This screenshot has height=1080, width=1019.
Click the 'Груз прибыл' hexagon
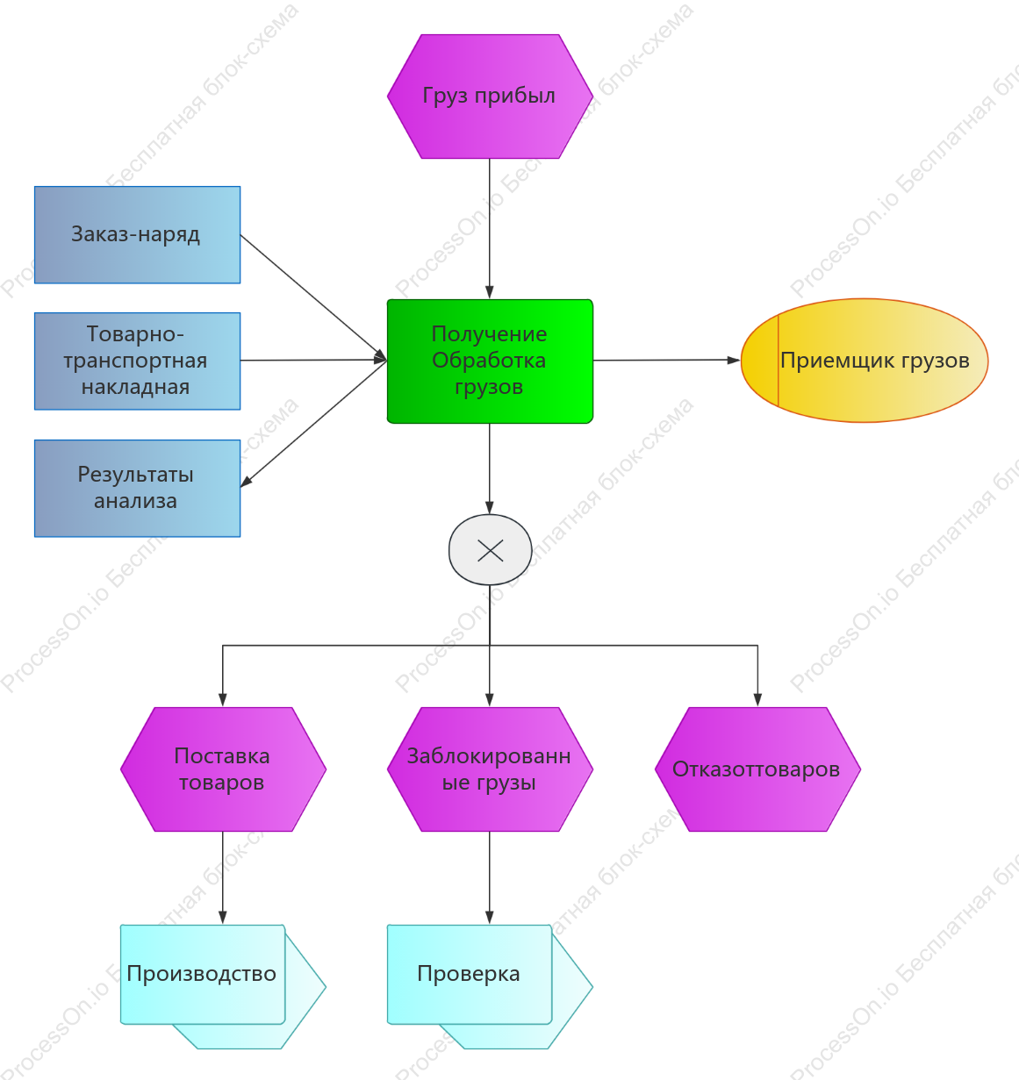pos(490,97)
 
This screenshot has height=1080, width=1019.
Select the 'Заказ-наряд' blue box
pos(137,235)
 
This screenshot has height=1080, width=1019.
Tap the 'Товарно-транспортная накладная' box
pos(137,361)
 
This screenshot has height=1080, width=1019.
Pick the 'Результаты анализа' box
pos(137,489)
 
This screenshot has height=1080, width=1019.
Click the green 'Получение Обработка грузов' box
pos(490,361)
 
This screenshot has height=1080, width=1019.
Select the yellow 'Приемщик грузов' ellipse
pos(864,360)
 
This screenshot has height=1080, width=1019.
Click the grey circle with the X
pos(490,550)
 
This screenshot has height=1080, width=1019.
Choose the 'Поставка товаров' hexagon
pos(223,769)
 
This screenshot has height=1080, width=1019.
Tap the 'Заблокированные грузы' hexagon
pos(490,769)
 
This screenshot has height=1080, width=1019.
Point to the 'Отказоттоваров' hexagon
pos(757,769)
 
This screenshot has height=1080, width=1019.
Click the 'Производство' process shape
pos(223,986)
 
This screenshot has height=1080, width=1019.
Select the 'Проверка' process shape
pos(490,986)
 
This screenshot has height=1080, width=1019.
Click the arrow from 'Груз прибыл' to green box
pos(490,229)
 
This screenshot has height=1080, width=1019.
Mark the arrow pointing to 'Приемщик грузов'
pos(666,360)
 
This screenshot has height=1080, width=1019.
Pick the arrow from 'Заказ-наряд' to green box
pos(313,297)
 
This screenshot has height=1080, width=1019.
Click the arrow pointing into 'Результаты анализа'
pos(313,424)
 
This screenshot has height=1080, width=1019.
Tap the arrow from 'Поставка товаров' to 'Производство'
pos(223,877)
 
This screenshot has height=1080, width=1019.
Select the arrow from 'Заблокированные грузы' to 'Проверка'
pos(490,877)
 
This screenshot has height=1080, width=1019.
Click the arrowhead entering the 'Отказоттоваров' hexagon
pos(757,700)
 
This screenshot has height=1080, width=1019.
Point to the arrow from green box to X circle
pos(490,468)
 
